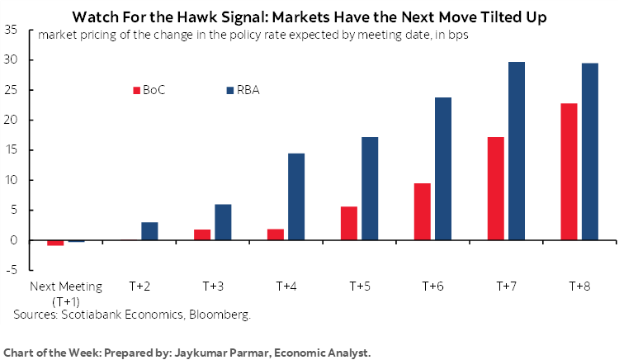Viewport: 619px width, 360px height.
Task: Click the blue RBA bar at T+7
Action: [x=517, y=151]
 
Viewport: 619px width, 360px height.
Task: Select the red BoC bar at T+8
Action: [x=568, y=172]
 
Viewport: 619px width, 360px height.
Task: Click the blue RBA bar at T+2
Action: [x=149, y=231]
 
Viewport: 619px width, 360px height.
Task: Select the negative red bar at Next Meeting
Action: [x=55, y=243]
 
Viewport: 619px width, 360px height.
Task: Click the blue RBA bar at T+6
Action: [x=443, y=168]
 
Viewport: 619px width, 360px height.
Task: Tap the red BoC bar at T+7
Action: [x=495, y=188]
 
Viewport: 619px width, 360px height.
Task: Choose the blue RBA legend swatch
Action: [x=229, y=90]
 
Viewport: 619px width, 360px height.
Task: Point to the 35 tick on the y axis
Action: [x=12, y=31]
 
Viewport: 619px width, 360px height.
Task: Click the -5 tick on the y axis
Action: [x=12, y=270]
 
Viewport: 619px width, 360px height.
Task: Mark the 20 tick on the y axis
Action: [x=12, y=121]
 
